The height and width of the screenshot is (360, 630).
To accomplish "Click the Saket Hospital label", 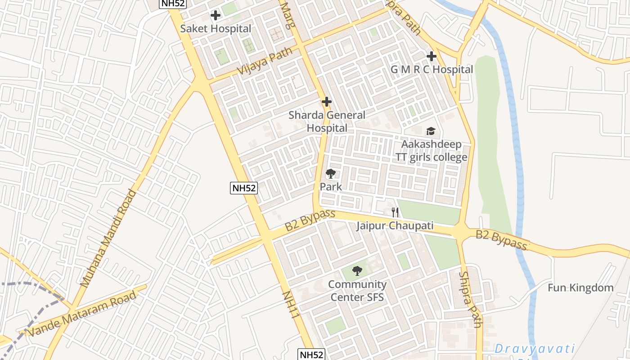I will click(x=216, y=29).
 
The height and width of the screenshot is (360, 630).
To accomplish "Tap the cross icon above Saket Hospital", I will click(x=216, y=15).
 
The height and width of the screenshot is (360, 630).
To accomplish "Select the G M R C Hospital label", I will click(x=432, y=70).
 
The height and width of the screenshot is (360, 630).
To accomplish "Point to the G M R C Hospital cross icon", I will click(x=432, y=56).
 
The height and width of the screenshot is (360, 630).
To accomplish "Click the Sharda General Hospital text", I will click(x=327, y=121).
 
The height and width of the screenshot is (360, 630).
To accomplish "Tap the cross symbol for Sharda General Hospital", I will click(x=327, y=102).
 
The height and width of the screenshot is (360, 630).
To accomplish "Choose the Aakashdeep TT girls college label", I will click(x=431, y=151).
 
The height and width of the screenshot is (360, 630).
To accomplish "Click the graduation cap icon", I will click(x=431, y=131).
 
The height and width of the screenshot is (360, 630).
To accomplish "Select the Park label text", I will click(x=331, y=186).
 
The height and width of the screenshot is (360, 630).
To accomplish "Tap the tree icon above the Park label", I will click(x=331, y=173).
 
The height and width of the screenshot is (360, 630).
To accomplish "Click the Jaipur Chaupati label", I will click(x=395, y=225).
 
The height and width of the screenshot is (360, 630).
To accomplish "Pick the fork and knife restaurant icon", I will click(x=395, y=212).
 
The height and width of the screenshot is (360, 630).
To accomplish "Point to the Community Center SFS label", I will click(x=357, y=291).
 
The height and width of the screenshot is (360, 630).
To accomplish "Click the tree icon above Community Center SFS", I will click(x=357, y=271).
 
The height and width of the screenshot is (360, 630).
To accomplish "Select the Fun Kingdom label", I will click(x=580, y=288).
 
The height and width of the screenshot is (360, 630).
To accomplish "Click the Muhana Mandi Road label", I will click(x=108, y=238).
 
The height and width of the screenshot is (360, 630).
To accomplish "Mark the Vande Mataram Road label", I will click(x=82, y=314).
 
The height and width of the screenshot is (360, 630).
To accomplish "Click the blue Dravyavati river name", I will click(x=535, y=349).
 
